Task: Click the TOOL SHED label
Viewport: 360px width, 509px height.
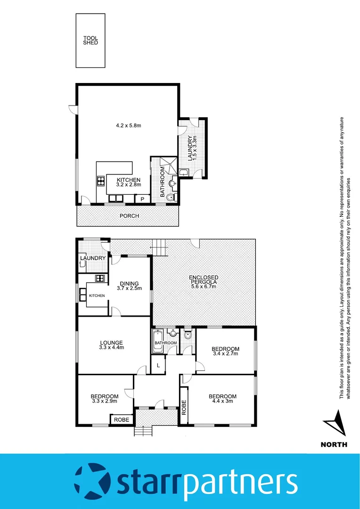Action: (90, 40)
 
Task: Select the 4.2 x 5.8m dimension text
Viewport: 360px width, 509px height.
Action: (129, 126)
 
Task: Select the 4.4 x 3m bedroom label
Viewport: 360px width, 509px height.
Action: (222, 399)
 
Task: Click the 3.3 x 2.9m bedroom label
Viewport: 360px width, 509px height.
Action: (104, 399)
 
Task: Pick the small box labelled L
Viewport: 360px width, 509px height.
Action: (158, 366)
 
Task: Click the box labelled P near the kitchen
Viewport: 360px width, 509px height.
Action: (142, 200)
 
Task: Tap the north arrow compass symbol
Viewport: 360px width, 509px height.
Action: (336, 424)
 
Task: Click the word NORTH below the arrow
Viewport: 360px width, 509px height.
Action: (334, 444)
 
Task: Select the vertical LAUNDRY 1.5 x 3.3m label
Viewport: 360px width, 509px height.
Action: (191, 148)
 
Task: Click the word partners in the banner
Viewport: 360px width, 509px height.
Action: (240, 482)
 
